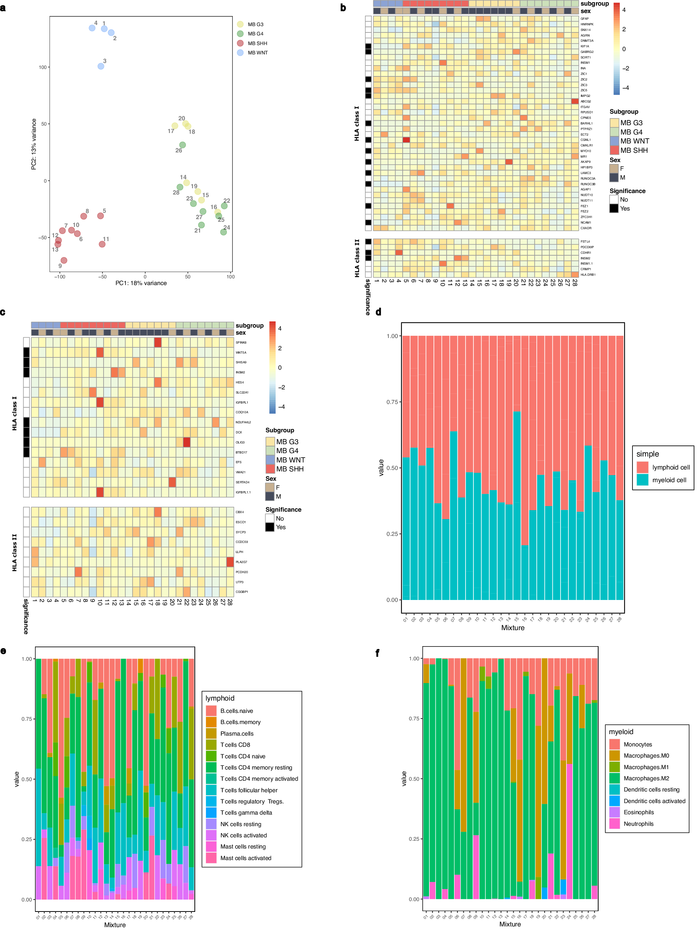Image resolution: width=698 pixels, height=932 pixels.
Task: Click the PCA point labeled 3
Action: coord(101,66)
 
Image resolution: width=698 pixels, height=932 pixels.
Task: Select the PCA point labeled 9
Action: coord(64,260)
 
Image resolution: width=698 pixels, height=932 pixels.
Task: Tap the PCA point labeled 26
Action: coord(183,145)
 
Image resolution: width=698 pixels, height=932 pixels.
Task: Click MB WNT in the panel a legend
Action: coord(257,53)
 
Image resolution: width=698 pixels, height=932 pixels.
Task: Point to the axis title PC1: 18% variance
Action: coord(141,283)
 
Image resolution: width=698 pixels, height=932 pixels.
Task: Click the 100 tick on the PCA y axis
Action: coord(42,67)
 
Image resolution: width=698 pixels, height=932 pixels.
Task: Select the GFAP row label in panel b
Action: coord(585,19)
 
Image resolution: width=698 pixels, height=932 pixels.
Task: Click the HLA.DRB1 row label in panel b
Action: coord(588,275)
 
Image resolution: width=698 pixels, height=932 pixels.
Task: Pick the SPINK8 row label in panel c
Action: coord(241,342)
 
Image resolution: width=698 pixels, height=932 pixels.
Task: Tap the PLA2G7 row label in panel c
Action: coord(241,562)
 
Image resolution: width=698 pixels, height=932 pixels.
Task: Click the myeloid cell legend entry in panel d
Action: coord(669,480)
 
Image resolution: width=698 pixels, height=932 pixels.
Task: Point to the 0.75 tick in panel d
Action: coord(392,402)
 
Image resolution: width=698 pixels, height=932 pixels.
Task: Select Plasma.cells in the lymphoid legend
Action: coord(237,733)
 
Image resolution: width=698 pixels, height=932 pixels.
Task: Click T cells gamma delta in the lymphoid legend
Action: coord(246,813)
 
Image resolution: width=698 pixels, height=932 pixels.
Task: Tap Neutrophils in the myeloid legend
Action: coord(639,824)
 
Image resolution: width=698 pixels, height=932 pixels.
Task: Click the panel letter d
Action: coord(378,312)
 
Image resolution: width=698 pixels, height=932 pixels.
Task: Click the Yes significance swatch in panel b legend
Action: coord(614,209)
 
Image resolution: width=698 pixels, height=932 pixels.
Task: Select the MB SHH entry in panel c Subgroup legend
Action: coord(289,469)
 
